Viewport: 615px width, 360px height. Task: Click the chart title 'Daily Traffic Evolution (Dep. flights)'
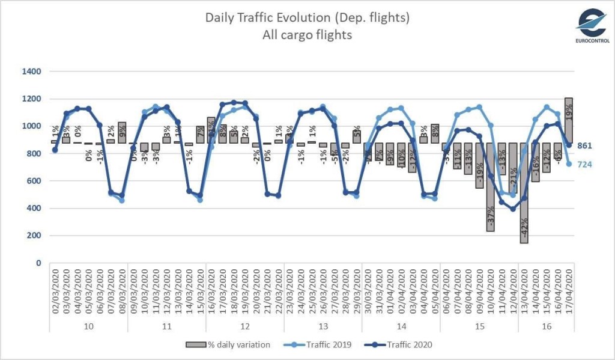coord(307,17)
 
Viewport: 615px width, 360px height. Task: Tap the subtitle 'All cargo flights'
coord(307,35)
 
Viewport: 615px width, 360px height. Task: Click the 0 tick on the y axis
coord(38,263)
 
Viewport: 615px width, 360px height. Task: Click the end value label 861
coord(586,145)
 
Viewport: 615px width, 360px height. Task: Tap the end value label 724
coord(586,164)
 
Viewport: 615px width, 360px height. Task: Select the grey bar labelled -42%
coord(524,192)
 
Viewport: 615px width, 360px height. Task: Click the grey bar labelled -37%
coord(490,187)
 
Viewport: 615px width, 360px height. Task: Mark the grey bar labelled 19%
coord(568,120)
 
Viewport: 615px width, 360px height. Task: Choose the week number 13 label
coord(323,326)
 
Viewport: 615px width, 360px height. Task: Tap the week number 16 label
coord(546,326)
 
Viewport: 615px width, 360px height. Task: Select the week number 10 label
coord(89,326)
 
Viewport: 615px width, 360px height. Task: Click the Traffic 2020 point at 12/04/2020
coord(512,209)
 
